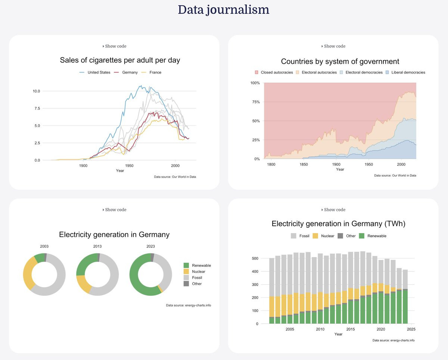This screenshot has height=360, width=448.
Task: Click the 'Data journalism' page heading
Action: click(x=223, y=10)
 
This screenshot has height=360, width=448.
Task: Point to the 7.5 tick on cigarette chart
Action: click(x=37, y=108)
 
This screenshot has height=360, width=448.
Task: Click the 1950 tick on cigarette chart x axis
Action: click(x=129, y=165)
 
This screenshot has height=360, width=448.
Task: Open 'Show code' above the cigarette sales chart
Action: click(x=114, y=46)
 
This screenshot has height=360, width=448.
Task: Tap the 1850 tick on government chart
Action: click(x=304, y=164)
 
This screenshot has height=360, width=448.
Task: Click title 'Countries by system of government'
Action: click(x=340, y=61)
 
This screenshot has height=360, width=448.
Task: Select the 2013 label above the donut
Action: click(x=97, y=246)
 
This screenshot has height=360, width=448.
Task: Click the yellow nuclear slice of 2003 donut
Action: click(x=29, y=273)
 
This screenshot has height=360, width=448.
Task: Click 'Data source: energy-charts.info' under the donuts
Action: click(x=189, y=305)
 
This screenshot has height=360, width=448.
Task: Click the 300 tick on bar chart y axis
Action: click(x=255, y=285)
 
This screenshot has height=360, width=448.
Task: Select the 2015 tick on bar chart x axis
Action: click(x=351, y=329)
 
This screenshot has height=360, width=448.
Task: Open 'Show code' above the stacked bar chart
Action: click(x=333, y=210)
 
